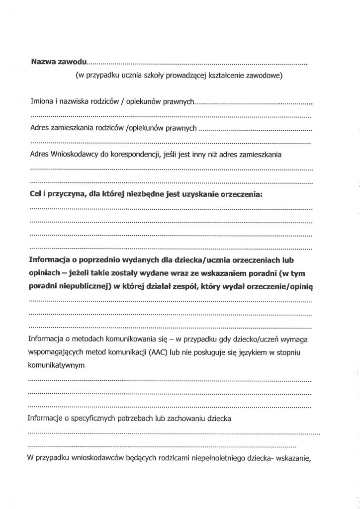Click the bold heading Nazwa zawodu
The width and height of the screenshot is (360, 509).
(59, 63)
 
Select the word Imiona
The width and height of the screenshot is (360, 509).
(41, 101)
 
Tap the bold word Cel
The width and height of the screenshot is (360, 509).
(37, 194)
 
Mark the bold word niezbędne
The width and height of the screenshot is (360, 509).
(145, 194)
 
